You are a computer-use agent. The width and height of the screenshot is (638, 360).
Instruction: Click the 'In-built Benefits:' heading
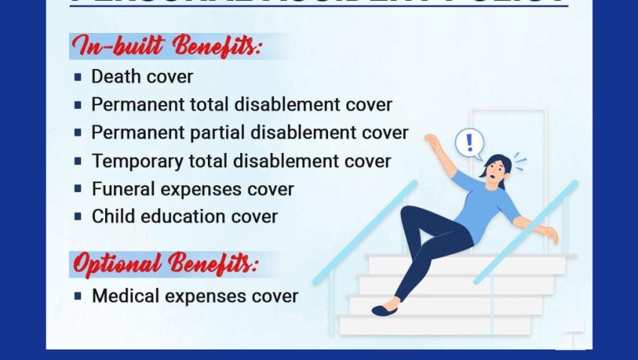pos(167,46)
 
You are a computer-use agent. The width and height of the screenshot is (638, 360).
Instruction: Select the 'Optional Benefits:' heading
pos(164,264)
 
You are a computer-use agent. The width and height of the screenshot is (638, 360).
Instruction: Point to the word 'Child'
pos(112,217)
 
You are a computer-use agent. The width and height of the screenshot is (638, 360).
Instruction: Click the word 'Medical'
pos(125,296)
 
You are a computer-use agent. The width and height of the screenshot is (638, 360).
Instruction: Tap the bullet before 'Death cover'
pos(77,77)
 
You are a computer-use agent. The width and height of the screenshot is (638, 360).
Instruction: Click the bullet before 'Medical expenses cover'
pos(77,296)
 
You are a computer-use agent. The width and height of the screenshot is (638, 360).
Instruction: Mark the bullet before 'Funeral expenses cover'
pos(77,189)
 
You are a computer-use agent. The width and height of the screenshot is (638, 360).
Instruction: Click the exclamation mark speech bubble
pos(470,142)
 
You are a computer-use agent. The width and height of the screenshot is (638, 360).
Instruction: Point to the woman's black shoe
pos(384,309)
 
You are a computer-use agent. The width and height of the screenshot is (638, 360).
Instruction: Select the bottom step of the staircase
pos(435,325)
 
